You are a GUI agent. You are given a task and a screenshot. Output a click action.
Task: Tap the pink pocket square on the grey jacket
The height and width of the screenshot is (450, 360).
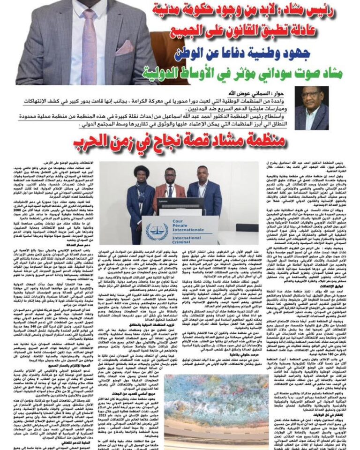(x=124, y=47)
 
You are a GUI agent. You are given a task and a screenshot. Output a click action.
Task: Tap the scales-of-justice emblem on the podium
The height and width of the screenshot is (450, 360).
(x=157, y=231)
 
